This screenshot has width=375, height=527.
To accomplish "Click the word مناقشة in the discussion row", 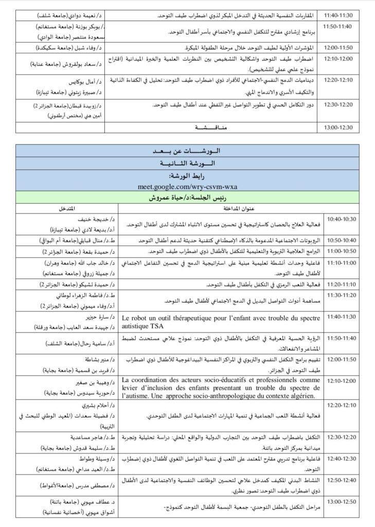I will [212, 126].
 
